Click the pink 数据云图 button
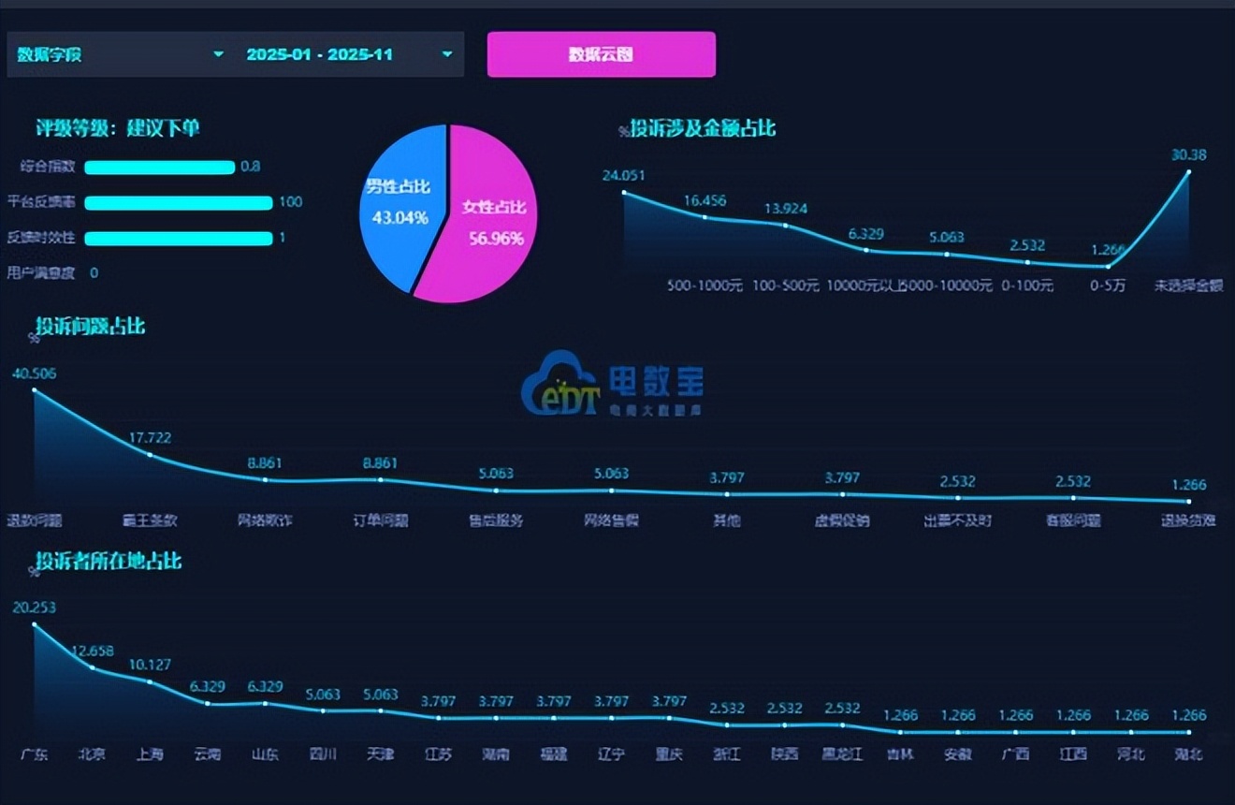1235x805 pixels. tap(601, 54)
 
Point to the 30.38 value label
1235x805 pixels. tap(1188, 154)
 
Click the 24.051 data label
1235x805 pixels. tap(624, 175)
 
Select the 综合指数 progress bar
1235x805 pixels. tap(159, 168)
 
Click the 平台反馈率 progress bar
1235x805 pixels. tap(178, 202)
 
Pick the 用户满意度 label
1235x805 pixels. tap(40, 273)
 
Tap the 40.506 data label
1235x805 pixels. tap(35, 373)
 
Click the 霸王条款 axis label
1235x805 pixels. tap(150, 520)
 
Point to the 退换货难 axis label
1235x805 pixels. tap(1188, 520)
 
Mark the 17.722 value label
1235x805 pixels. tap(150, 437)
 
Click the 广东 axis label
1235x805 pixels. tap(35, 754)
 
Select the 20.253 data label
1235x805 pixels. tap(35, 607)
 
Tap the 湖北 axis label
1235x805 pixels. tap(1188, 754)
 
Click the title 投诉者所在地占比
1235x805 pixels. tap(109, 561)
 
